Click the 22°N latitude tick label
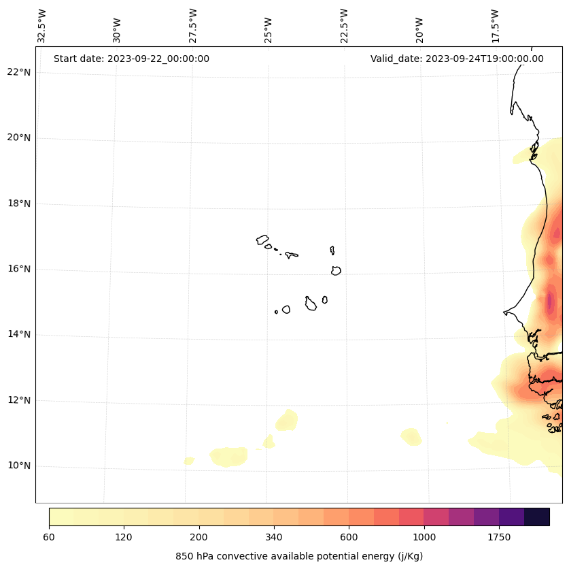18,72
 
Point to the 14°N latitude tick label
18,334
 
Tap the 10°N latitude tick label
18,466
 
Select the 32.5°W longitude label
42,26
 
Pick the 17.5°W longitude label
496,26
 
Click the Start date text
131,59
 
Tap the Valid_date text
457,59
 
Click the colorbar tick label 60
49,538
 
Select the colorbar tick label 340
274,538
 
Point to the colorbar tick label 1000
424,538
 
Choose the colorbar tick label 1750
499,538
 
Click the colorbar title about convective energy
299,556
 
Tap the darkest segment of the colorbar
537,517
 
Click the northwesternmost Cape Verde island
262,240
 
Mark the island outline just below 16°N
336,271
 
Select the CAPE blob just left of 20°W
411,436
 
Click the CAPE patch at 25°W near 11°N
286,420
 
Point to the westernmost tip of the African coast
504,312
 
